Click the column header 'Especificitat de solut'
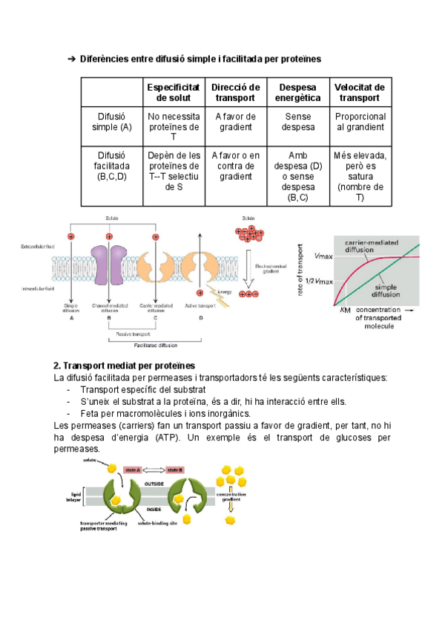pyautogui.click(x=174, y=92)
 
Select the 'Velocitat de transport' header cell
pyautogui.click(x=360, y=92)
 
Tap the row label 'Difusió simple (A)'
pyautogui.click(x=113, y=122)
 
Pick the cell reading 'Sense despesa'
pyautogui.click(x=297, y=122)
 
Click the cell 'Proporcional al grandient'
pyautogui.click(x=360, y=122)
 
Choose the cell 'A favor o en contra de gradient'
pyautogui.click(x=235, y=166)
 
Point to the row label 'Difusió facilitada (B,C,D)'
pyautogui.click(x=113, y=166)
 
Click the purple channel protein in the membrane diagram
pyautogui.click(x=109, y=266)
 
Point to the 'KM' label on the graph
pyautogui.click(x=344, y=310)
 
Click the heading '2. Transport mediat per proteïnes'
pyautogui.click(x=124, y=366)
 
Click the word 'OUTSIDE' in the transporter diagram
pyautogui.click(x=154, y=484)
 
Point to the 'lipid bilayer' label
pyautogui.click(x=76, y=496)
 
